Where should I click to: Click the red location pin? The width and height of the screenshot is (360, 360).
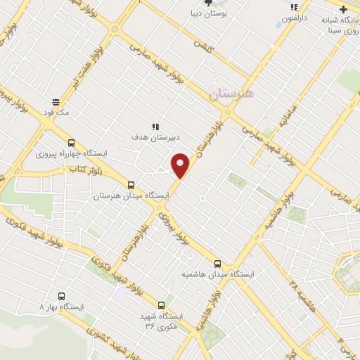tap(181, 166)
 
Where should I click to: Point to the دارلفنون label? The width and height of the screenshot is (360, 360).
tap(295, 18)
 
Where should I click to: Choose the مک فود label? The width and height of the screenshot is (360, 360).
tap(58, 112)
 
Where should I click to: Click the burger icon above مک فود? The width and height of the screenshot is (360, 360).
tap(56, 101)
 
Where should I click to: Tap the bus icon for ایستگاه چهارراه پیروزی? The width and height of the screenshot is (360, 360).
tap(70, 143)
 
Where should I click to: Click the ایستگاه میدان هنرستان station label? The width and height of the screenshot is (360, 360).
tap(131, 195)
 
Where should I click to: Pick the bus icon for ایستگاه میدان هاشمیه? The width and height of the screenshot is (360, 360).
tap(217, 264)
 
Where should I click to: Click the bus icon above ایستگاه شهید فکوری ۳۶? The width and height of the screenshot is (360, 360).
tap(162, 305)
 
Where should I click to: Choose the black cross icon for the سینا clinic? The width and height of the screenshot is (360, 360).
tap(342, 9)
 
